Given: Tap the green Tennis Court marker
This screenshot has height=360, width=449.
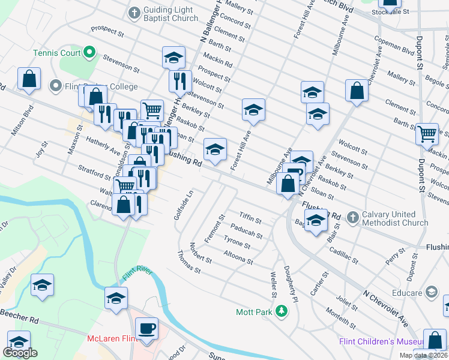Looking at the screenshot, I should point(89,52).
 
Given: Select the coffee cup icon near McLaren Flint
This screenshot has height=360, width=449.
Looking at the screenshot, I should point(146,328).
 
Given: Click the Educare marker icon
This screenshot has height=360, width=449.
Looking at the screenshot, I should point(431,292).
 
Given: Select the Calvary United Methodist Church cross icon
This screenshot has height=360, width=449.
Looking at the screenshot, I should point(352,215).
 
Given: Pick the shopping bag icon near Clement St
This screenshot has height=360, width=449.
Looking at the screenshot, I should point(357,91).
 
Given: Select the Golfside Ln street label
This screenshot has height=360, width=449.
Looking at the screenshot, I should point(178,206).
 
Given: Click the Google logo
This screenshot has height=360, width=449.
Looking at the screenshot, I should point(20,352).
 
